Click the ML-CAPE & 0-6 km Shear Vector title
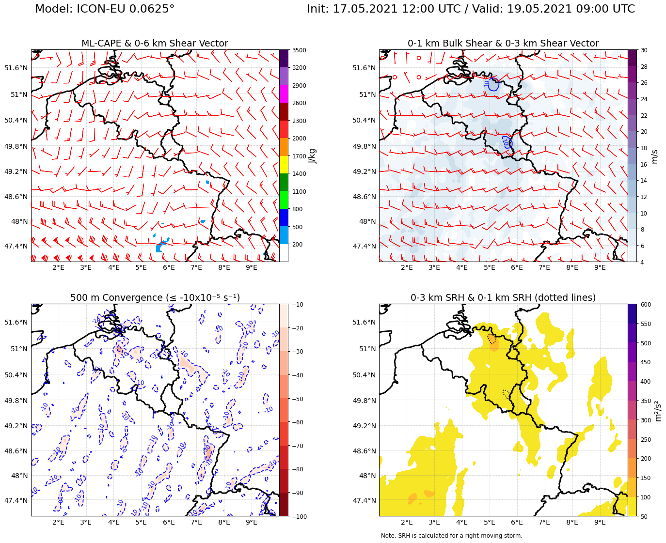[x=155, y=44]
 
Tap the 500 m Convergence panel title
[x=155, y=298]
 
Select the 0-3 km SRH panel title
[x=503, y=298]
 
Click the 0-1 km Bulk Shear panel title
[x=503, y=44]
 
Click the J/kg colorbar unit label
[x=313, y=156]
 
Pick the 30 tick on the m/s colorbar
[x=645, y=50]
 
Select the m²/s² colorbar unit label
[x=658, y=410]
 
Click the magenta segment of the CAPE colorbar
[x=284, y=94]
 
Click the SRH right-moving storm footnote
[x=451, y=536]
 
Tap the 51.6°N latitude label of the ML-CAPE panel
[x=16, y=68]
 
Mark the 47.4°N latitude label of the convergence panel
[x=16, y=500]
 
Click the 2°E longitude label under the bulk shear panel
[x=407, y=268]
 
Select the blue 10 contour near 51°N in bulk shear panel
[x=493, y=85]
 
